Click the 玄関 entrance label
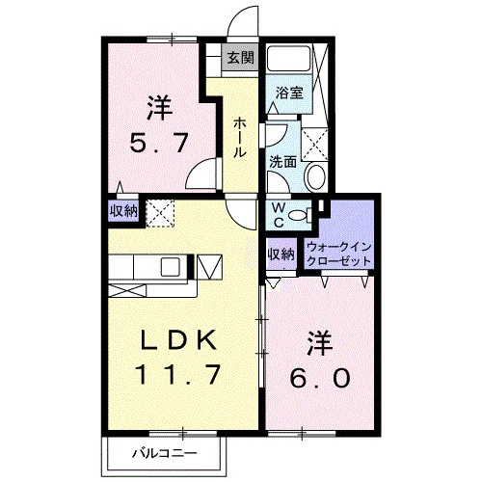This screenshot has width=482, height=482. [x=241, y=58]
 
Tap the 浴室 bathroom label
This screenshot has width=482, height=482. [x=289, y=94]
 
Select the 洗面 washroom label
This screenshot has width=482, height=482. [x=282, y=162]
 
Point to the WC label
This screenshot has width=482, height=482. [x=279, y=215]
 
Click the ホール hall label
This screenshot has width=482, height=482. [x=240, y=137]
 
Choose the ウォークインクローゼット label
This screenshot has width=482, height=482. [x=339, y=254]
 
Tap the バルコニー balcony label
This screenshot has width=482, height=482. [x=165, y=453]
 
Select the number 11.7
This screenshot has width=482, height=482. [x=178, y=374]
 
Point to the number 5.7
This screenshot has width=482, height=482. [x=158, y=143]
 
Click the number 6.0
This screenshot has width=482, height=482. [x=320, y=378]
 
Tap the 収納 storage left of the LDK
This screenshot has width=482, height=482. [x=123, y=211]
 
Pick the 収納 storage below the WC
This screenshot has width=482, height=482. [x=281, y=254]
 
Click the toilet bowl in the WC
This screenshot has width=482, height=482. [x=298, y=215]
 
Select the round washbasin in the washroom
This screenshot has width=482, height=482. [x=316, y=176]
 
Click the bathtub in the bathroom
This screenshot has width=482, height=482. [x=288, y=58]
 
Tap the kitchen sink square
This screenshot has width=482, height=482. [x=171, y=267]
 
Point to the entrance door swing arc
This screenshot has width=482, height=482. [x=242, y=19]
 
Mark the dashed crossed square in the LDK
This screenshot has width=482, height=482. [x=160, y=213]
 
